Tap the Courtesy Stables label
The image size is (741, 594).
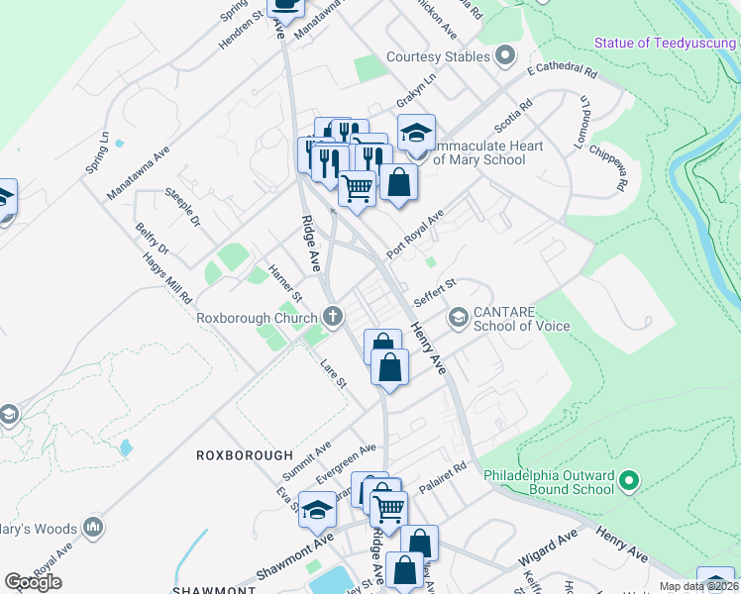click(439, 56)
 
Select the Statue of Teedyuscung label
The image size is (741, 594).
click(665, 42)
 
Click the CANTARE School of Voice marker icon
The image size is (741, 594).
click(458, 318)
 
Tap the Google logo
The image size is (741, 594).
click(33, 582)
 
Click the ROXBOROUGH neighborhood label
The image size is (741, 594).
click(244, 455)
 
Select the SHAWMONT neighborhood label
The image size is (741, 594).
click(214, 590)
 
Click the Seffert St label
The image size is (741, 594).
click(435, 291)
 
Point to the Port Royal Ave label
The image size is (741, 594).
click(415, 234)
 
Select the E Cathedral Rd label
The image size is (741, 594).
click(563, 72)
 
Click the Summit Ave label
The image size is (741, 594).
click(310, 455)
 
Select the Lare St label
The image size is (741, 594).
click(332, 375)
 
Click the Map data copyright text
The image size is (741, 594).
click(697, 586)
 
